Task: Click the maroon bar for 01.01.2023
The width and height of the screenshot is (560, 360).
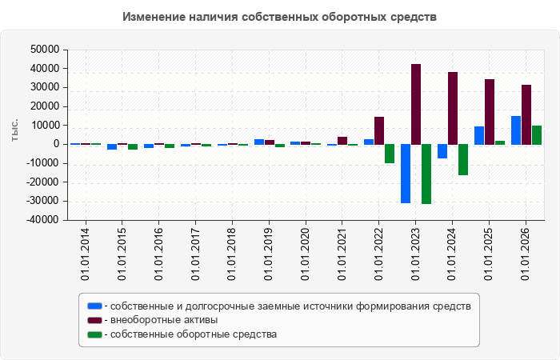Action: pyautogui.click(x=416, y=104)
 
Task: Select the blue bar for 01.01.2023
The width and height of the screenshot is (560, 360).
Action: pyautogui.click(x=406, y=174)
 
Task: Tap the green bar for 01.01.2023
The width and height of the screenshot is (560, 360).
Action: pyautogui.click(x=426, y=174)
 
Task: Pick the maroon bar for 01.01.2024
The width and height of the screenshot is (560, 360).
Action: pyautogui.click(x=453, y=108)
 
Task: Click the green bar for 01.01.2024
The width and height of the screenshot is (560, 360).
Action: pyautogui.click(x=463, y=160)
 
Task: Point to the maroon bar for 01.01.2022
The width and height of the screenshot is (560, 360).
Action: pyautogui.click(x=379, y=130)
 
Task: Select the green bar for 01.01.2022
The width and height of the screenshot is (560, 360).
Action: pyautogui.click(x=390, y=154)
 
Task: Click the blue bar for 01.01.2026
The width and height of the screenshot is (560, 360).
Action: pyautogui.click(x=516, y=130)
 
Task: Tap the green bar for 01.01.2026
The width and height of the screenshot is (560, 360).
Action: pyautogui.click(x=537, y=135)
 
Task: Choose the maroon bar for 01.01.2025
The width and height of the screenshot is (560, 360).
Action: pyautogui.click(x=490, y=112)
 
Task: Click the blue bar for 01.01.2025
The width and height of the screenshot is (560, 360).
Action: pyautogui.click(x=479, y=135)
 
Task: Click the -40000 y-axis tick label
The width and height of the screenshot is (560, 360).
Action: pyautogui.click(x=42, y=220)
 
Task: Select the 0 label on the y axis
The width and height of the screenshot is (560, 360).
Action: pyautogui.click(x=56, y=144)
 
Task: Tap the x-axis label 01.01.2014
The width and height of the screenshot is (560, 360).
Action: pyautogui.click(x=86, y=254)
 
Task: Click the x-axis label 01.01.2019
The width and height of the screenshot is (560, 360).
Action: pyautogui.click(x=269, y=254)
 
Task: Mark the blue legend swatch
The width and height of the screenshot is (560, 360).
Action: pyautogui.click(x=94, y=306)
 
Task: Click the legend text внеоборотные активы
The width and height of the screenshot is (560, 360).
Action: pyautogui.click(x=164, y=320)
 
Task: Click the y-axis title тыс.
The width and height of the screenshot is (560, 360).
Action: pyautogui.click(x=14, y=130)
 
